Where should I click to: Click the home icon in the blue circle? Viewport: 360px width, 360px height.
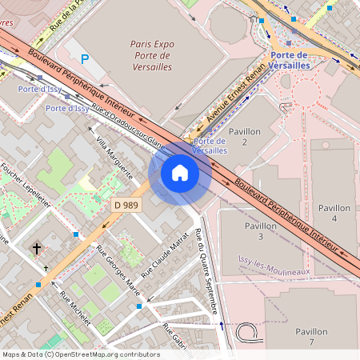[180, 173]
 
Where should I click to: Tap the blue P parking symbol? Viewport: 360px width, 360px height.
[86, 59]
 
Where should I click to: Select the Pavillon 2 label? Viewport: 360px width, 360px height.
[245, 136]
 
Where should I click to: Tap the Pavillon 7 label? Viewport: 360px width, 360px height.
[311, 337]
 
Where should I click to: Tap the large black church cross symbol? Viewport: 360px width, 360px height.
[36, 249]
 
